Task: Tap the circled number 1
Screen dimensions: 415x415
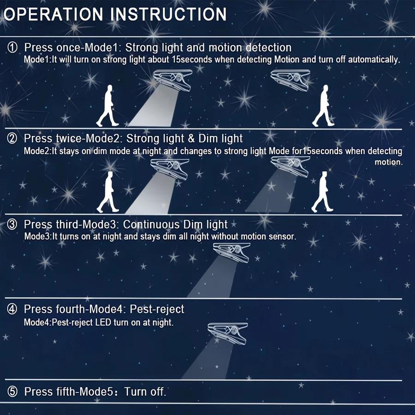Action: [12, 47]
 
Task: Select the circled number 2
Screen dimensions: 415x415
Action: [12, 138]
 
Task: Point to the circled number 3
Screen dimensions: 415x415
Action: [12, 225]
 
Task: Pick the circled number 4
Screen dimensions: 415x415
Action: [12, 309]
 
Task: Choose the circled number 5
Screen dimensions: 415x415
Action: [12, 391]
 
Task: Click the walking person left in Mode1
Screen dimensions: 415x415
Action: [108, 106]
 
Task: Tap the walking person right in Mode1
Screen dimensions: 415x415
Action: [323, 106]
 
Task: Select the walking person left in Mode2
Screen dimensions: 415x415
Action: [108, 192]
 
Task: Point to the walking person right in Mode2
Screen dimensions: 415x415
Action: [323, 192]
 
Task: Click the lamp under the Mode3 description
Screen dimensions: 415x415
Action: [232, 253]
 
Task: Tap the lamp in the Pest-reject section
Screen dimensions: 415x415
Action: [228, 333]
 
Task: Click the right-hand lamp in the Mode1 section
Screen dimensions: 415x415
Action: [290, 80]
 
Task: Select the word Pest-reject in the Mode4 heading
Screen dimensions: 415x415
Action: [157, 309]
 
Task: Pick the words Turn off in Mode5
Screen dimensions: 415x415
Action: [145, 391]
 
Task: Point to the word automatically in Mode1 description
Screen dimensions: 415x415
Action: [373, 59]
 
